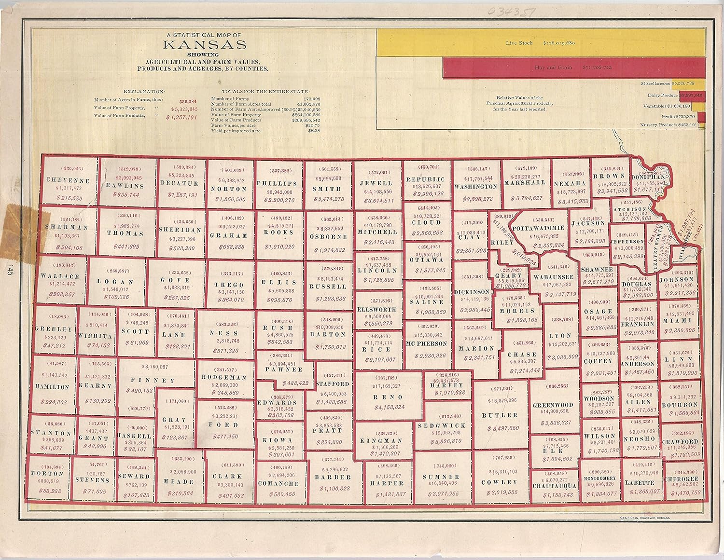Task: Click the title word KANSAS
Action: (205, 45)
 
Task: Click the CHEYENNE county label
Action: (69, 180)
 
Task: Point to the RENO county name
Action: (388, 397)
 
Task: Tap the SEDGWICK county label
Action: (442, 426)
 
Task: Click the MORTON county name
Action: (47, 473)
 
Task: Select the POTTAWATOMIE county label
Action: (538, 228)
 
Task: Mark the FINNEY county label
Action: (153, 381)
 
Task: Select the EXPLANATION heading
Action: (144, 91)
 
